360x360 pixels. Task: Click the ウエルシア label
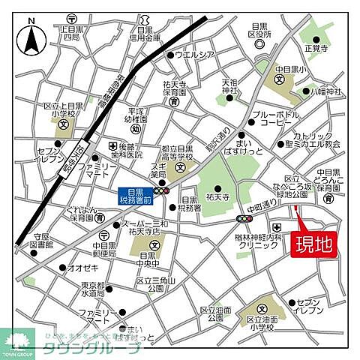pyautogui.click(x=193, y=55)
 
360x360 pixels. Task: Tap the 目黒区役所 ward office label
pyautogui.click(x=259, y=30)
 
